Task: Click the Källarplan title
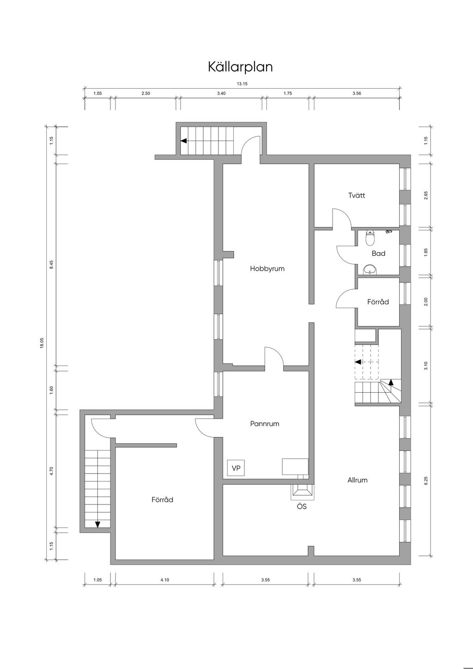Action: pos(240,67)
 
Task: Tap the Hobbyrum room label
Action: pos(267,268)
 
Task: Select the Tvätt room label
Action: pos(357,195)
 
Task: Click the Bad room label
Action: pos(378,253)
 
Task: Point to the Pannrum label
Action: pos(265,424)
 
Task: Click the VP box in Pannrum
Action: pos(236,468)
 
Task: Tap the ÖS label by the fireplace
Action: pos(302,506)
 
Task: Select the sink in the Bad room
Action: pos(370,270)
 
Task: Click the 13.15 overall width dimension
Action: pos(242,84)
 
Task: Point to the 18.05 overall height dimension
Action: pos(42,343)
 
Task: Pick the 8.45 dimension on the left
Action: pos(51,265)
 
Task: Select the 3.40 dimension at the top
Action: pos(221,93)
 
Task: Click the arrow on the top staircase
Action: pos(184,140)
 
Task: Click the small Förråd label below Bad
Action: pos(378,302)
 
